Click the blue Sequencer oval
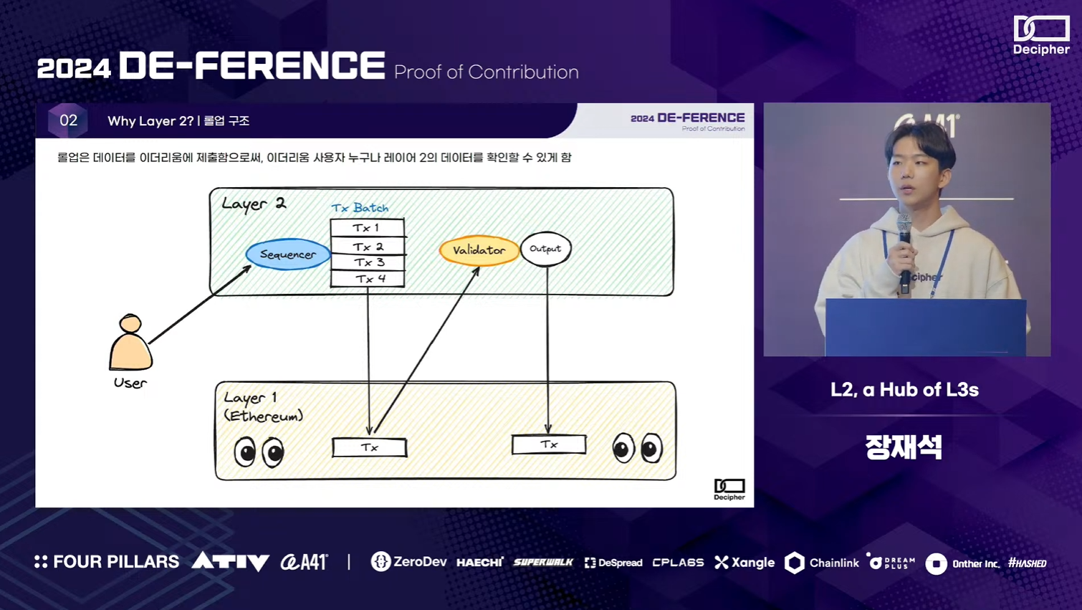[287, 254]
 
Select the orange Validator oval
[479, 250]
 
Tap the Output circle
[545, 249]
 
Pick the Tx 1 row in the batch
[367, 228]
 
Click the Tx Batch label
[360, 208]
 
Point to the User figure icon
[130, 344]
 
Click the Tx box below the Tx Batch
[369, 447]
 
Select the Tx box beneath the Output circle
[549, 444]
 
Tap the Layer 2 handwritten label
[254, 204]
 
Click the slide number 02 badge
[68, 120]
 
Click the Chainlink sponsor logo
[822, 563]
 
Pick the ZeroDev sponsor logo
[408, 562]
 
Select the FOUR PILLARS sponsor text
[107, 562]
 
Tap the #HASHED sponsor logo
[1027, 563]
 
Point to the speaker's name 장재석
[904, 447]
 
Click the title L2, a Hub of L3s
[904, 389]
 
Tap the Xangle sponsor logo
[745, 563]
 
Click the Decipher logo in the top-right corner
[1041, 35]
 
